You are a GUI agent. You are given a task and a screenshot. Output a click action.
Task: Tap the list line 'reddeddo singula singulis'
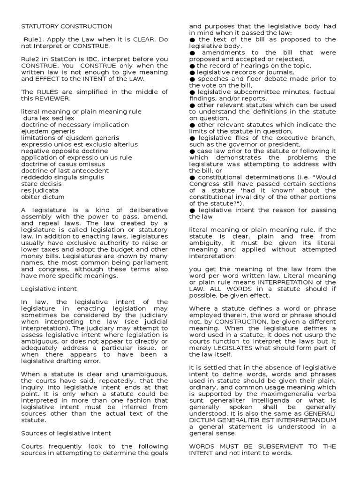click(x=62, y=177)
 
